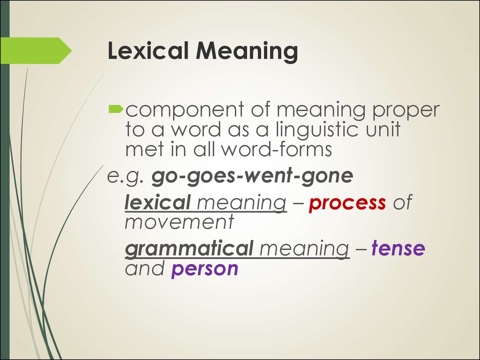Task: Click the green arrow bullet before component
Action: point(116,110)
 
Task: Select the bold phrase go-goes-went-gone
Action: point(252,177)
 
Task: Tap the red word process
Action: point(347,203)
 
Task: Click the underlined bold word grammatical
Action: point(189,249)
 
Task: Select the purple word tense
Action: point(398,249)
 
